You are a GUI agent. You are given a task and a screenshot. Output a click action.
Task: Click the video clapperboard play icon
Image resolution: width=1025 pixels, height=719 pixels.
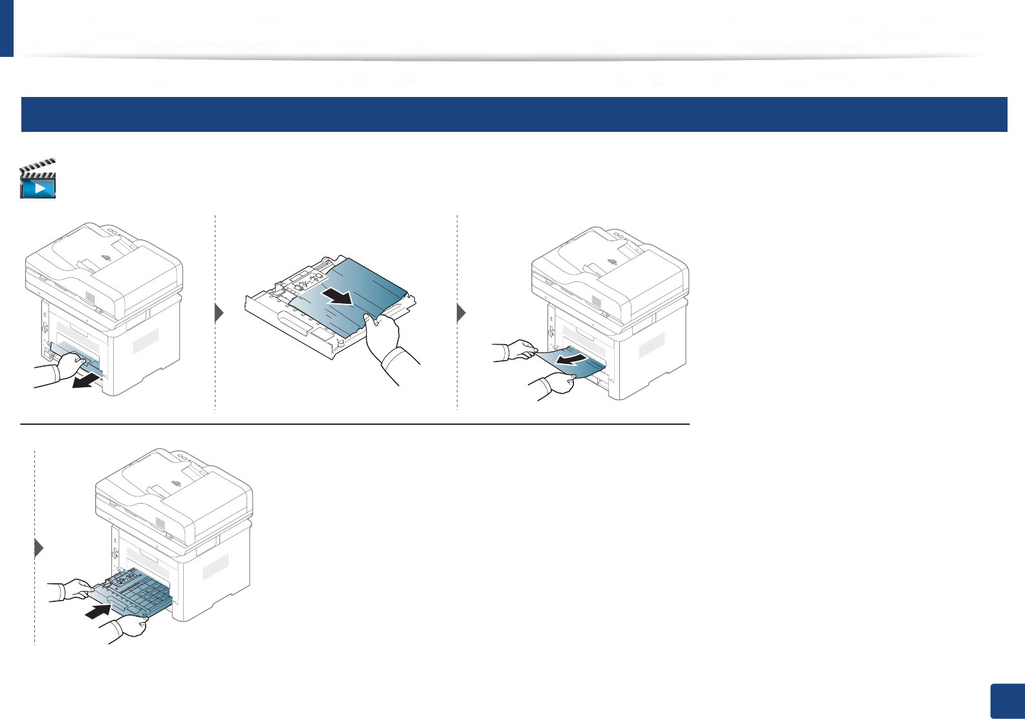38,179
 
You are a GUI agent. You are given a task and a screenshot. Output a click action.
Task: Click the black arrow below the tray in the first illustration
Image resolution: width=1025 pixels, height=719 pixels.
86,381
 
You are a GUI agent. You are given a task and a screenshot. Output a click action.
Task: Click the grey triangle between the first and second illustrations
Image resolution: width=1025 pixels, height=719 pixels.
219,314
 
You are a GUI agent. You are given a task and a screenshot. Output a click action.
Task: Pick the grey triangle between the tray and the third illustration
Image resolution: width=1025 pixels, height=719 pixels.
461,314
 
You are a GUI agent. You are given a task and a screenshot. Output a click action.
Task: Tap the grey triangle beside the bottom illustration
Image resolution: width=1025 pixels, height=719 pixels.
39,548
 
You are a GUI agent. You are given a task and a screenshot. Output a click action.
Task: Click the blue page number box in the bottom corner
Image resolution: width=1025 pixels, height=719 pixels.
1007,701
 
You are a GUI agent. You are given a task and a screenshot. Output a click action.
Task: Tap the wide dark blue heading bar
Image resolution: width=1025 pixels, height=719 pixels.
514,114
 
